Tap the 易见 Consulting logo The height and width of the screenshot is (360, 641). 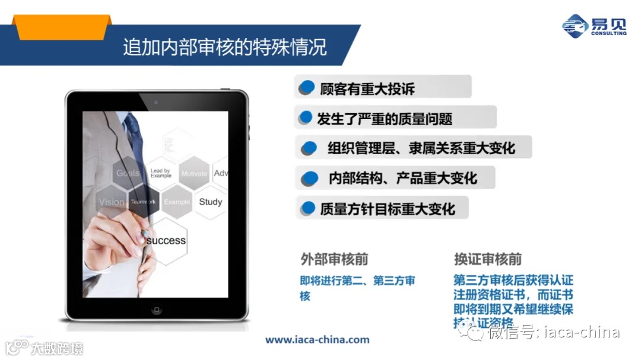pyautogui.click(x=594, y=26)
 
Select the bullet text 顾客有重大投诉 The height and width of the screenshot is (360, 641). pyautogui.click(x=367, y=89)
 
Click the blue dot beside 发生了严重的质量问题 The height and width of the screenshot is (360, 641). pyautogui.click(x=306, y=117)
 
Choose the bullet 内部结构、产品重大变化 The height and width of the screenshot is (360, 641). pyautogui.click(x=402, y=178)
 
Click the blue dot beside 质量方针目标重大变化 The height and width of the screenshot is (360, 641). pyautogui.click(x=307, y=208)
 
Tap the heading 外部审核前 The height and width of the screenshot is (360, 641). pyautogui.click(x=334, y=260)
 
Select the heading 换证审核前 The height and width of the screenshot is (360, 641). pyautogui.click(x=488, y=260)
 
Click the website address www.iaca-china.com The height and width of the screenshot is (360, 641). pyautogui.click(x=317, y=340)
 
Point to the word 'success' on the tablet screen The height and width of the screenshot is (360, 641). pyautogui.click(x=166, y=240)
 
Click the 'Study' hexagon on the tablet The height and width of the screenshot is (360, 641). pyautogui.click(x=210, y=202)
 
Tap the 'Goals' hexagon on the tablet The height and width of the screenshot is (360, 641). pyautogui.click(x=128, y=173)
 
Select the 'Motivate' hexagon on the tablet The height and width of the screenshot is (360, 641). pyautogui.click(x=194, y=174)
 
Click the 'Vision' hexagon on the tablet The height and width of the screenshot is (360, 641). pyautogui.click(x=112, y=202)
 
